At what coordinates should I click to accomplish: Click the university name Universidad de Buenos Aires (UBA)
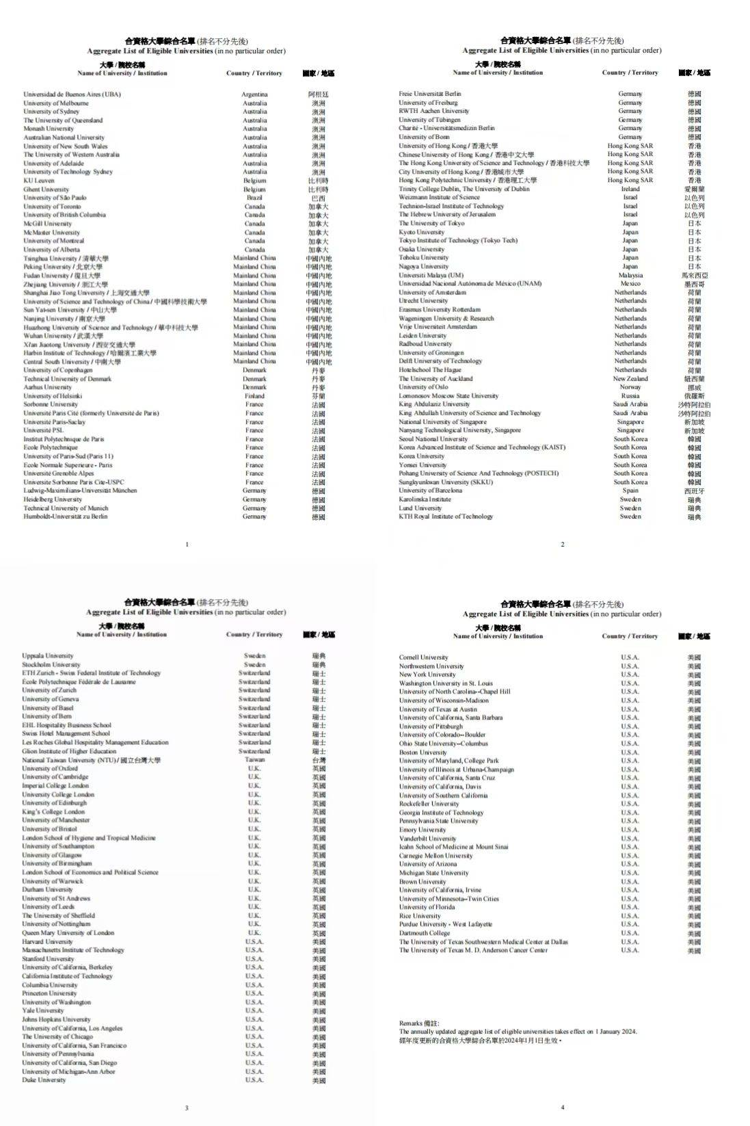click(72, 94)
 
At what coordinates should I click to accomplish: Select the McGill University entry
click(47, 224)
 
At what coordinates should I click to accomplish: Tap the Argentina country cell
click(254, 94)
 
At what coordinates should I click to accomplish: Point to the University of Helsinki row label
click(53, 396)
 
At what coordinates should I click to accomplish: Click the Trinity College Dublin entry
click(464, 189)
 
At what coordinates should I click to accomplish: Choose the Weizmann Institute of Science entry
click(439, 197)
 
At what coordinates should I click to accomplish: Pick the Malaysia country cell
click(630, 275)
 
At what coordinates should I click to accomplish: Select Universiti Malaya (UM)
click(431, 275)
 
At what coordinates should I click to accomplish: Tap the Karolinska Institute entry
click(425, 499)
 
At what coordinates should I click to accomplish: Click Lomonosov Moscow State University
click(448, 396)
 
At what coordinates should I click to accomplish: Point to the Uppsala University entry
click(47, 656)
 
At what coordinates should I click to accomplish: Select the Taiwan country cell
click(254, 759)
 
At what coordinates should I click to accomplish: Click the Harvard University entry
click(47, 942)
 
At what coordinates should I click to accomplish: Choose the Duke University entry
click(44, 1080)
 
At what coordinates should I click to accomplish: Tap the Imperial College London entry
click(55, 786)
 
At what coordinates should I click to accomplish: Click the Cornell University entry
click(423, 657)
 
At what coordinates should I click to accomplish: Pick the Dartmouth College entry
click(425, 933)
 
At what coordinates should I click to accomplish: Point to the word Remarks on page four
click(410, 1023)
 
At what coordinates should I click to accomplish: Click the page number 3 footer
click(187, 1108)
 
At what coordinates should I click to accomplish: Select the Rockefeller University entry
click(429, 804)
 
